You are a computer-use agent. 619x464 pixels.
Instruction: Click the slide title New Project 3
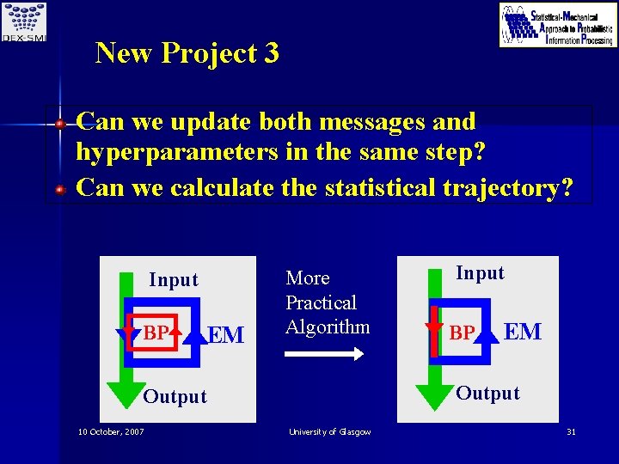click(187, 53)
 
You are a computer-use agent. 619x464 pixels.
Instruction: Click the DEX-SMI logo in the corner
click(24, 21)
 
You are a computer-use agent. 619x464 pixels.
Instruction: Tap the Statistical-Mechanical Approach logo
click(558, 25)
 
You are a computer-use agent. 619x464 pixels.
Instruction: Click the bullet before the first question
click(60, 124)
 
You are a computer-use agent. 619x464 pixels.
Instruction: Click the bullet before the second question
click(60, 188)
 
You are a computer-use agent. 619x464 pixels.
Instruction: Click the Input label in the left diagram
click(173, 280)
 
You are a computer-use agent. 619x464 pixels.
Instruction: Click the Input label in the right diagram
click(480, 273)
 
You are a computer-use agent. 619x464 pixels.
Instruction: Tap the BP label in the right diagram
click(462, 333)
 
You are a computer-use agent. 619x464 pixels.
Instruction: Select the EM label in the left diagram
click(227, 335)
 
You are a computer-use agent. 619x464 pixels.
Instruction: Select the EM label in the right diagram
click(523, 331)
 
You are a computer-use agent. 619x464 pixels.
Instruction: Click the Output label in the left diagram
click(175, 397)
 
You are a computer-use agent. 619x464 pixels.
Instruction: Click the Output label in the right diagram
click(487, 394)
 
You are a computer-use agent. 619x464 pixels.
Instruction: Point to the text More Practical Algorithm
click(328, 302)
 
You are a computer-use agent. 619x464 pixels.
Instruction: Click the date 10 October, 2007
click(111, 431)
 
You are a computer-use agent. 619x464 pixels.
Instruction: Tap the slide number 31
click(570, 431)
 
